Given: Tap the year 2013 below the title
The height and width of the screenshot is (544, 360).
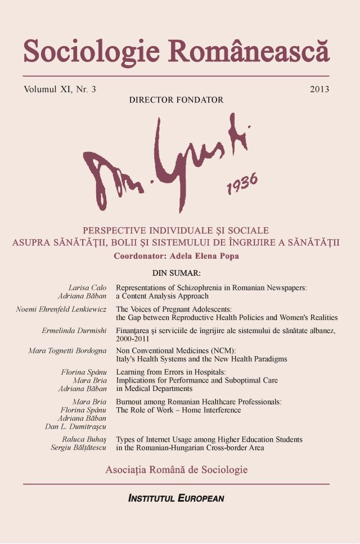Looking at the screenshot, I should coord(319,89).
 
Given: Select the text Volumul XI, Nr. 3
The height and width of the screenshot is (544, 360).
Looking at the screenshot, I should coord(60,89).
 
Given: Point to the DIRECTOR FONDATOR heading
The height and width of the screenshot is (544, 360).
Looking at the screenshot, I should coord(176,100).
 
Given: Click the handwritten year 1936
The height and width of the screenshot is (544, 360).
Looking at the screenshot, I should coord(242,183).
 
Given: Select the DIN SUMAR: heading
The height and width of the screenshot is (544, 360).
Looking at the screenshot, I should coord(177,273).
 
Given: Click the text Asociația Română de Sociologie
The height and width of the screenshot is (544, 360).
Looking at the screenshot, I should coord(176,469).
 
